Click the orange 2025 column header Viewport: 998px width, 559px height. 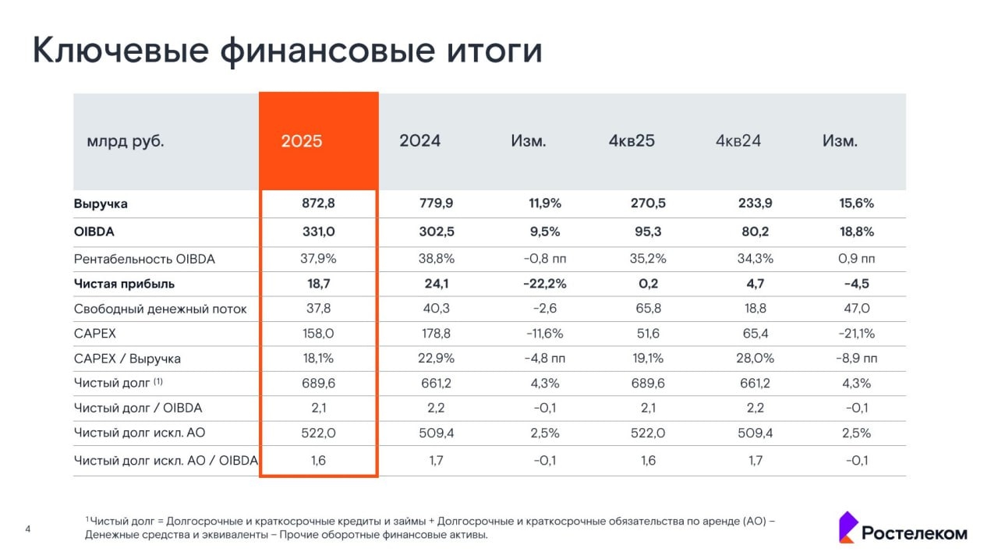pos(302,141)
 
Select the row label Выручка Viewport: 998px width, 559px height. pos(101,204)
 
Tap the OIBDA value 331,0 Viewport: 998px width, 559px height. pos(318,232)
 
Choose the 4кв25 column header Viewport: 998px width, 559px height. pos(632,141)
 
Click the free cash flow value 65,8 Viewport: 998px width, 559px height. pos(648,309)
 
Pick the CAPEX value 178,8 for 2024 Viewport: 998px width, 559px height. pos(436,334)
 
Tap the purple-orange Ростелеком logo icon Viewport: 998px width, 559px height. pos(848,527)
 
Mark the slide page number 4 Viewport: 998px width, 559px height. pos(28,530)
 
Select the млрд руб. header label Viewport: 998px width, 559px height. pos(126,142)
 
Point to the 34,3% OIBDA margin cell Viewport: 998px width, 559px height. pos(755,259)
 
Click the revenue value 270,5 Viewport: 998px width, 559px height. pos(648,204)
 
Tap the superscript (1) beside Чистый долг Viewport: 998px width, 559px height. pos(158,382)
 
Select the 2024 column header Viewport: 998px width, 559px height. pos(419,141)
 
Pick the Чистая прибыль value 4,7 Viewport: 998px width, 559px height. pos(755,284)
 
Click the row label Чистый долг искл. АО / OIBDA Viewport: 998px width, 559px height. pos(165,461)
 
